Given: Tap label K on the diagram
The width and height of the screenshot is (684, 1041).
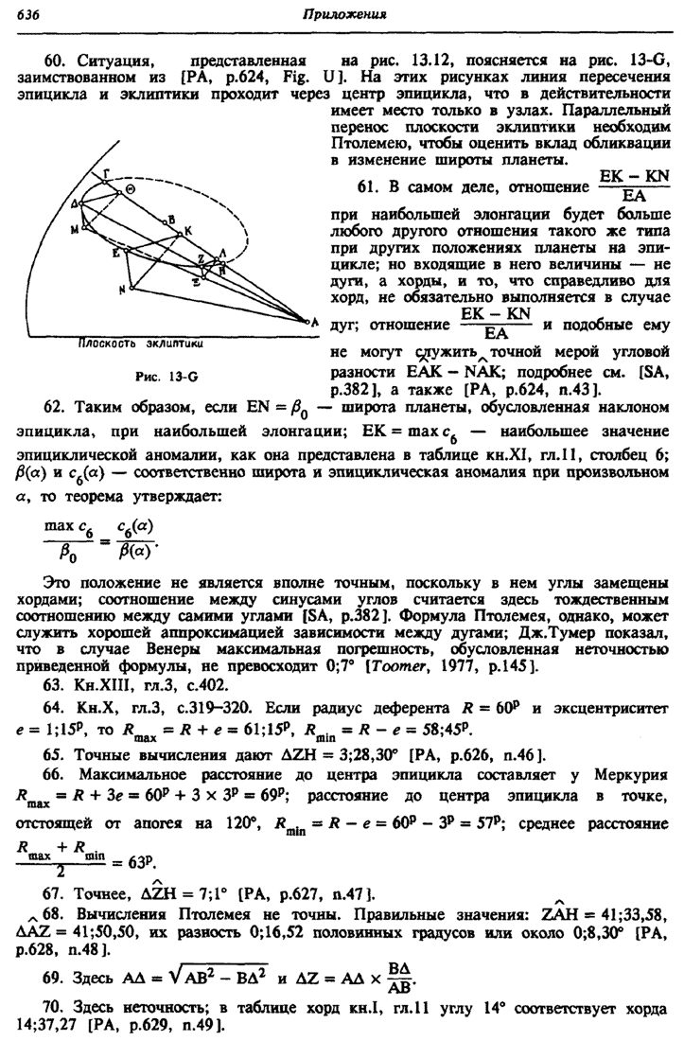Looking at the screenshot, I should [x=187, y=229].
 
